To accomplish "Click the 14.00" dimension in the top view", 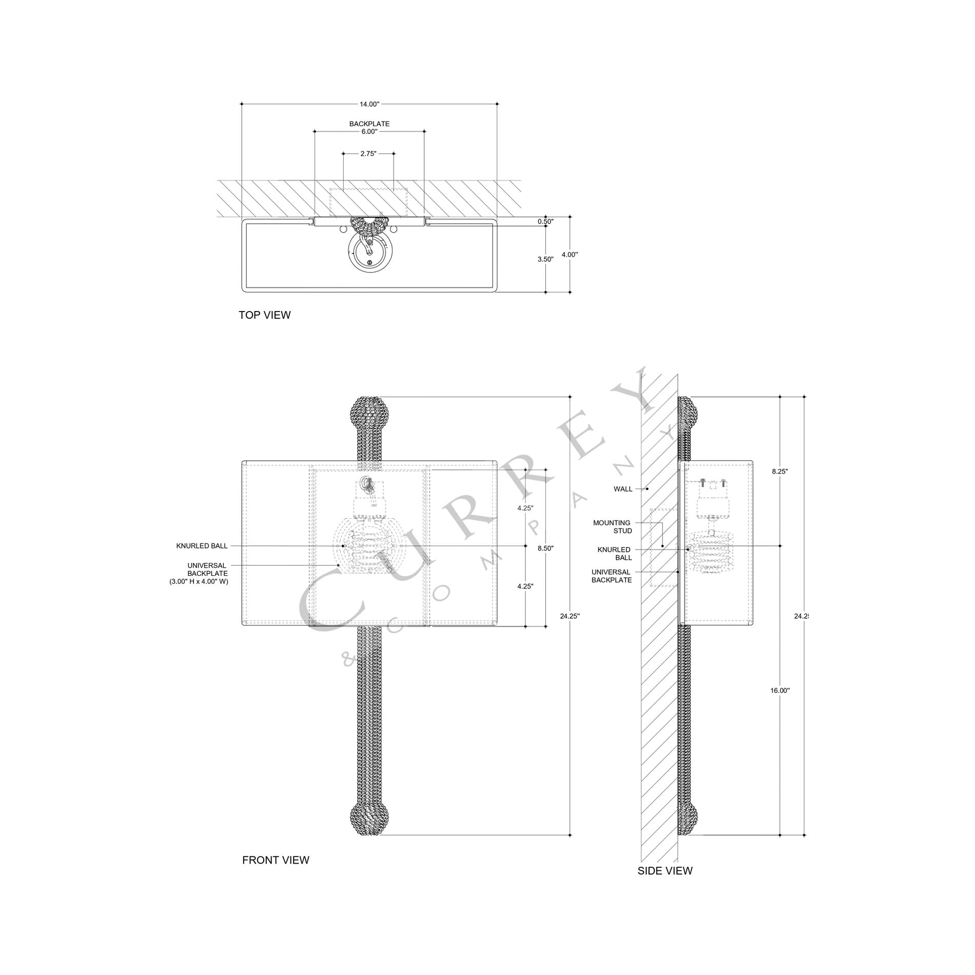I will [369, 104].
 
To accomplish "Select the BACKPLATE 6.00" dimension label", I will [369, 128].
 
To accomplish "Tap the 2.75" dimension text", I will [368, 153].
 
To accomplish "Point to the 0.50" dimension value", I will [545, 222].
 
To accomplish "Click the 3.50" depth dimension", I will [545, 259].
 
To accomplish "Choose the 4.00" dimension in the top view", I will [570, 255].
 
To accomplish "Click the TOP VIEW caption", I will [264, 315].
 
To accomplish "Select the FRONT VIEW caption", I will [276, 860].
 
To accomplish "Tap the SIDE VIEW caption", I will [665, 871].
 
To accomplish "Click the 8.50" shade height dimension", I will [545, 548].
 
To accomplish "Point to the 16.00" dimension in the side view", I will [779, 691].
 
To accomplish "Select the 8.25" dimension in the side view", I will [779, 471].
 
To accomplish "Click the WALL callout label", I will [623, 489].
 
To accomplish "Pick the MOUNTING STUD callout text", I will [612, 527].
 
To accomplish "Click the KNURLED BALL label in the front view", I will [202, 546].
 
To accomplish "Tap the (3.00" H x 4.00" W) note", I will [199, 581].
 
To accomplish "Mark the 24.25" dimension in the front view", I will [570, 616].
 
